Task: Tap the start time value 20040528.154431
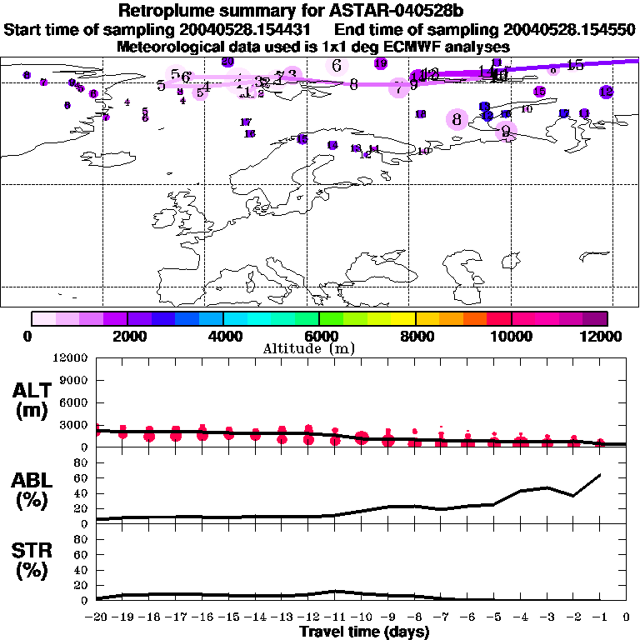(250, 29)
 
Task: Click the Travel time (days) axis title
(365, 632)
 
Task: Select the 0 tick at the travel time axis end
(627, 617)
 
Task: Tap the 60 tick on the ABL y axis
(82, 478)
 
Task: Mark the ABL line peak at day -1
(600, 475)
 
